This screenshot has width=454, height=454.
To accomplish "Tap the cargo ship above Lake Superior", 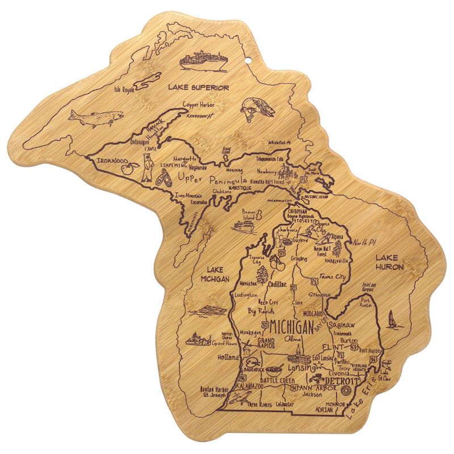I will (204, 60).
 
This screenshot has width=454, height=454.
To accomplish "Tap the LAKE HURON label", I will (389, 262).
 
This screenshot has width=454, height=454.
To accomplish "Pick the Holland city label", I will (229, 358).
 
